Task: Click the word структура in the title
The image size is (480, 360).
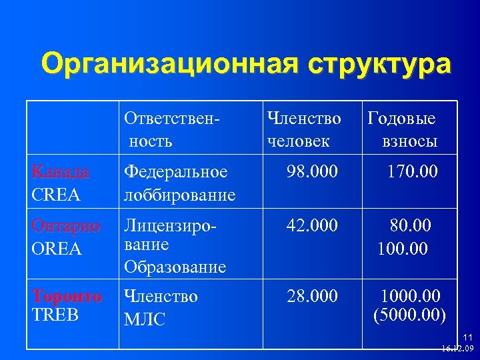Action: click(379, 65)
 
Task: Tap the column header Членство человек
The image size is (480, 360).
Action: click(303, 129)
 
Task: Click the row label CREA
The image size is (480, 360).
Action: click(56, 195)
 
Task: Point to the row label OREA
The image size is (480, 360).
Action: click(57, 249)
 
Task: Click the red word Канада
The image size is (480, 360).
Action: click(61, 172)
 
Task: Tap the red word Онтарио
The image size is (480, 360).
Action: click(66, 227)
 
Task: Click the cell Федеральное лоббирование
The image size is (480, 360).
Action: click(179, 183)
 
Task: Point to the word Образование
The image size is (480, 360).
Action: click(175, 267)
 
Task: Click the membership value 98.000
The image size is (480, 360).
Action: click(312, 172)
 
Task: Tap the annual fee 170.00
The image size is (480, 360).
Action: click(412, 172)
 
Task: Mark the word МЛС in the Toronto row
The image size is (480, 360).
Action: click(145, 321)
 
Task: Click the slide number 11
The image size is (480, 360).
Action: click(467, 338)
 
